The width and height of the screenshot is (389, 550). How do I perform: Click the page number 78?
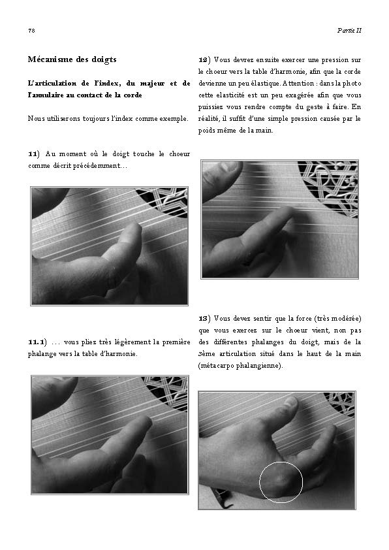click(x=31, y=31)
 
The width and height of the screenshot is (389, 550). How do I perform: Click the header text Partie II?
click(x=349, y=30)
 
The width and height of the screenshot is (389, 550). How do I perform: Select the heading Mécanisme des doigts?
click(x=72, y=59)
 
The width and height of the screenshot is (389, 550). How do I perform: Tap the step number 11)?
click(x=34, y=154)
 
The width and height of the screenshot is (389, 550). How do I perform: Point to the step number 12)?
click(x=204, y=60)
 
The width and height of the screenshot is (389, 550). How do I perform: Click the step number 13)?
click(x=204, y=319)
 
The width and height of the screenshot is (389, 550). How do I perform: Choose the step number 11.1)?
click(x=37, y=342)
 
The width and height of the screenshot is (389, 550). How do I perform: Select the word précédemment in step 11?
click(x=101, y=165)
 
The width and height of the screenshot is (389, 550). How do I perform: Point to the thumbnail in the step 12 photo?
click(x=228, y=167)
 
